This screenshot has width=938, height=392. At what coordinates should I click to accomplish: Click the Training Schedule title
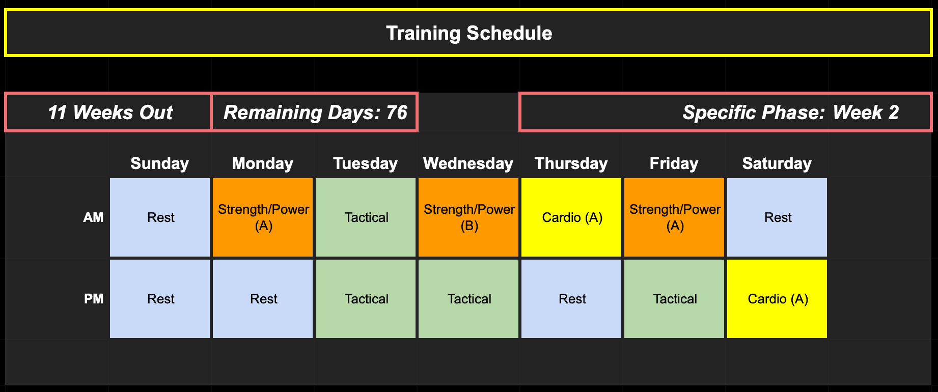click(469, 33)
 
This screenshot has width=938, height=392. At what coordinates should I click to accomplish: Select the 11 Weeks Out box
click(108, 112)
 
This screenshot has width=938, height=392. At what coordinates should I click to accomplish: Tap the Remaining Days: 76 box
click(315, 112)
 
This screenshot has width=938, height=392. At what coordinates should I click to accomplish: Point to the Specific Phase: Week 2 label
click(790, 113)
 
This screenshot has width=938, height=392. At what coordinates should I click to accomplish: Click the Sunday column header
click(159, 163)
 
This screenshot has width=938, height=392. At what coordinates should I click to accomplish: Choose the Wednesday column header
click(468, 163)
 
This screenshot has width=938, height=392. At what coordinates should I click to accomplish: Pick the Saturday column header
click(777, 163)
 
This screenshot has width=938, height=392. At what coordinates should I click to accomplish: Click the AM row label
click(93, 217)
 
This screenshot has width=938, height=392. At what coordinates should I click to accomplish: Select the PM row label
click(94, 299)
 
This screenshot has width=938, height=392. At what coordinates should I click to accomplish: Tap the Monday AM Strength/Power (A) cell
click(263, 217)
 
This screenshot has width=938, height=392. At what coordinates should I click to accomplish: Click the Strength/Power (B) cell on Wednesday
click(468, 217)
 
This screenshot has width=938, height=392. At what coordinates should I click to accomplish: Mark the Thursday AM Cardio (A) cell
click(571, 217)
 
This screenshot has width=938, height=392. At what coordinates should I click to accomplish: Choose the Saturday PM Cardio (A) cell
click(777, 299)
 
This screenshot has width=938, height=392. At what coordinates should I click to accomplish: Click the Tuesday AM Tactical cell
click(366, 217)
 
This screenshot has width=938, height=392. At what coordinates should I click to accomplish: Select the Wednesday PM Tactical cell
click(468, 299)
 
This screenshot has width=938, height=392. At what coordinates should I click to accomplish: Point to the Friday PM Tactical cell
click(674, 299)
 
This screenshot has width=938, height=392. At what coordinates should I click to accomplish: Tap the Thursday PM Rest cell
click(571, 299)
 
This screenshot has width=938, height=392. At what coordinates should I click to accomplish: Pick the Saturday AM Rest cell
click(777, 217)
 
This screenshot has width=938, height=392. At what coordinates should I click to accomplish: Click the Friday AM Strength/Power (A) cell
click(674, 217)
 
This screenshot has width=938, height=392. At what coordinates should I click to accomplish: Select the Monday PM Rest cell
click(263, 299)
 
